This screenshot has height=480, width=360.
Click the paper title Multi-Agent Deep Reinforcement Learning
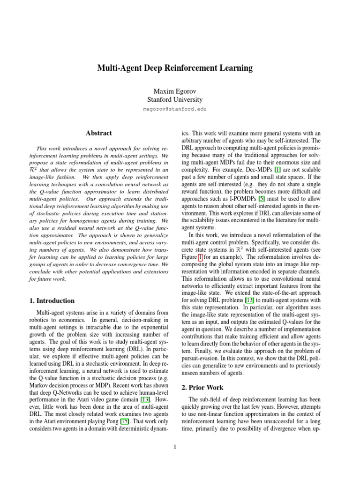click(x=174, y=68)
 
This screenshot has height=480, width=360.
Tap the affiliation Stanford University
click(x=174, y=99)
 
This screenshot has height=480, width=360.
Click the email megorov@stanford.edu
click(x=174, y=109)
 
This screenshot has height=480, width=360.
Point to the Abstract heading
click(x=99, y=133)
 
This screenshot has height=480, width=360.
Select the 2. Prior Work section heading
click(x=202, y=388)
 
